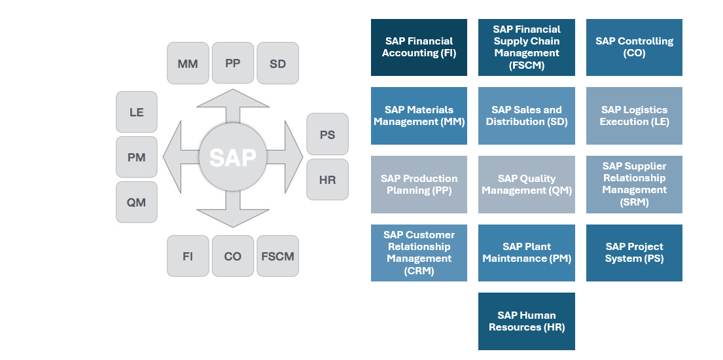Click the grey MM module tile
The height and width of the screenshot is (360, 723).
pos(188,63)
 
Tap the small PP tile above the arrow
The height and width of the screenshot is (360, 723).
pos(233,63)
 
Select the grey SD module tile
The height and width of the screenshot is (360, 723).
pos(277,63)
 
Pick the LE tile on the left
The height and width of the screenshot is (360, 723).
pos(136,112)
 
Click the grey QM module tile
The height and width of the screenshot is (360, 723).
pos(136,202)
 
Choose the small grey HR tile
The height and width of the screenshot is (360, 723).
pos(327,179)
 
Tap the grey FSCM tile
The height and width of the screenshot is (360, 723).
pos(277,256)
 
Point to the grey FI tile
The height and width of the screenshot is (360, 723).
pos(188,256)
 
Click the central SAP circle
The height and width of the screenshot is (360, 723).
pos(233,158)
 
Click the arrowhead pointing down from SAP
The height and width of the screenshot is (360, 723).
pos(233,216)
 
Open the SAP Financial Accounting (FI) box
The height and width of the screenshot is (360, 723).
pos(419,47)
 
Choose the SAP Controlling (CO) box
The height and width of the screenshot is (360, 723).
pos(634,47)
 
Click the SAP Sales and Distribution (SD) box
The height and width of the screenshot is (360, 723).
pos(527,116)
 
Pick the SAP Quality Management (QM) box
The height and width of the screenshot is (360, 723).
pos(527,184)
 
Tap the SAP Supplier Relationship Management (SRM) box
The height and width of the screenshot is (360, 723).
pos(634,184)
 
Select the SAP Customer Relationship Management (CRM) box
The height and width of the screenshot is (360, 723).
pos(419,253)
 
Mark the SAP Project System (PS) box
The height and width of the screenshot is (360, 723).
pos(634,253)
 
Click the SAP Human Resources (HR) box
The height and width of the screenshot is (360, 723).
pos(527,321)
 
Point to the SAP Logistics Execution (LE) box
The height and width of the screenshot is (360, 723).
pos(634,116)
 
